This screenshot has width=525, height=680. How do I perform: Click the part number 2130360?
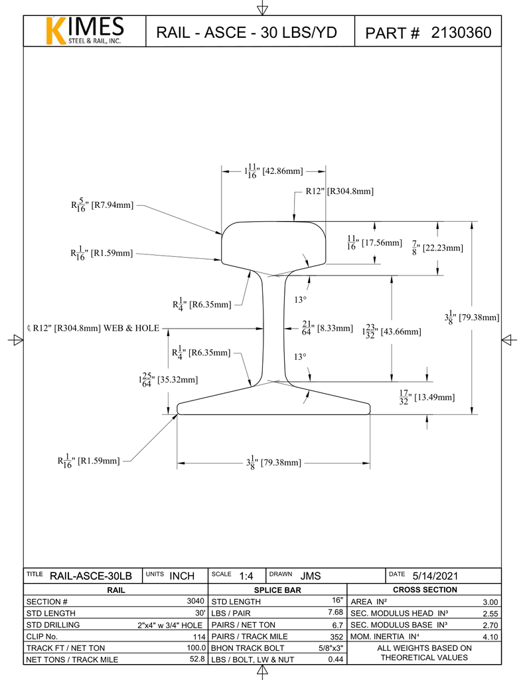[461, 33]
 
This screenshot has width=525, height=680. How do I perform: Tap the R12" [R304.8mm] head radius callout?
[339, 191]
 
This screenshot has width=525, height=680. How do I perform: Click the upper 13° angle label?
[300, 299]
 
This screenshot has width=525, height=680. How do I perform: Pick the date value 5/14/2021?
[435, 576]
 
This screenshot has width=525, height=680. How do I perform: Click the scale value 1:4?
[246, 576]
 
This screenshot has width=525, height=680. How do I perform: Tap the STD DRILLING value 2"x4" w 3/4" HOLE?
[169, 625]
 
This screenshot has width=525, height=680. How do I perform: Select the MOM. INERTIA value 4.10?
[490, 637]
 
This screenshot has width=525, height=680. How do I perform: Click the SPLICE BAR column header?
[277, 590]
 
